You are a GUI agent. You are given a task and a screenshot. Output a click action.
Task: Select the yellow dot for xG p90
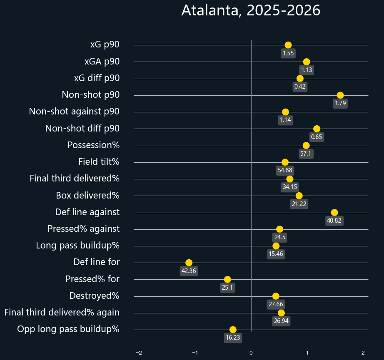(x=288, y=45)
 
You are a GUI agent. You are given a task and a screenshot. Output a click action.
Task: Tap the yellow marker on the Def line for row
(x=189, y=263)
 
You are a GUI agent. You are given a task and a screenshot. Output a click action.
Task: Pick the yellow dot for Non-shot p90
(x=340, y=95)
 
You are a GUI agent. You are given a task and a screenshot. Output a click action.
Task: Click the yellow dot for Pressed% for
(x=227, y=279)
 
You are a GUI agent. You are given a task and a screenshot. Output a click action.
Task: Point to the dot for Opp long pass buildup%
(x=233, y=330)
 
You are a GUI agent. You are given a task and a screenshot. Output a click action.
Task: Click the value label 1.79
(x=340, y=104)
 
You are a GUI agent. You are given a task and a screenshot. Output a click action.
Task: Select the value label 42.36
(x=189, y=271)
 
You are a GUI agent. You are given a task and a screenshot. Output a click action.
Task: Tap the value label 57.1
(x=306, y=154)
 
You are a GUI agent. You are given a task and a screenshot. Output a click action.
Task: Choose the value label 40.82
(x=334, y=221)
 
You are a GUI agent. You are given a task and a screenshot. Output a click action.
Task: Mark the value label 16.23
(x=233, y=338)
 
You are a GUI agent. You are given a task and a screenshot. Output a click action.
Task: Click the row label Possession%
(x=93, y=145)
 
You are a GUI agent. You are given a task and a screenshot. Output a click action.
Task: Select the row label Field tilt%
(x=99, y=162)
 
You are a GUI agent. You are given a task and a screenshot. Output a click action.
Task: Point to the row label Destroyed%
(x=94, y=296)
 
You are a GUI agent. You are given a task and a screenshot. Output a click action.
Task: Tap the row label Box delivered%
(x=87, y=195)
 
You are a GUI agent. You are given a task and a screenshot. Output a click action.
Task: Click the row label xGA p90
(x=102, y=62)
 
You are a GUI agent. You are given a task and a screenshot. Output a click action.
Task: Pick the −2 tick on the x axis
(x=139, y=353)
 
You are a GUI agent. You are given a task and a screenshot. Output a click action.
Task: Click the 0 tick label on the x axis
(x=251, y=353)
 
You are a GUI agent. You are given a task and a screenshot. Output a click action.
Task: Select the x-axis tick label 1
(x=307, y=353)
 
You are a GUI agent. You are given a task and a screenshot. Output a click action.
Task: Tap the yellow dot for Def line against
(x=334, y=212)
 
